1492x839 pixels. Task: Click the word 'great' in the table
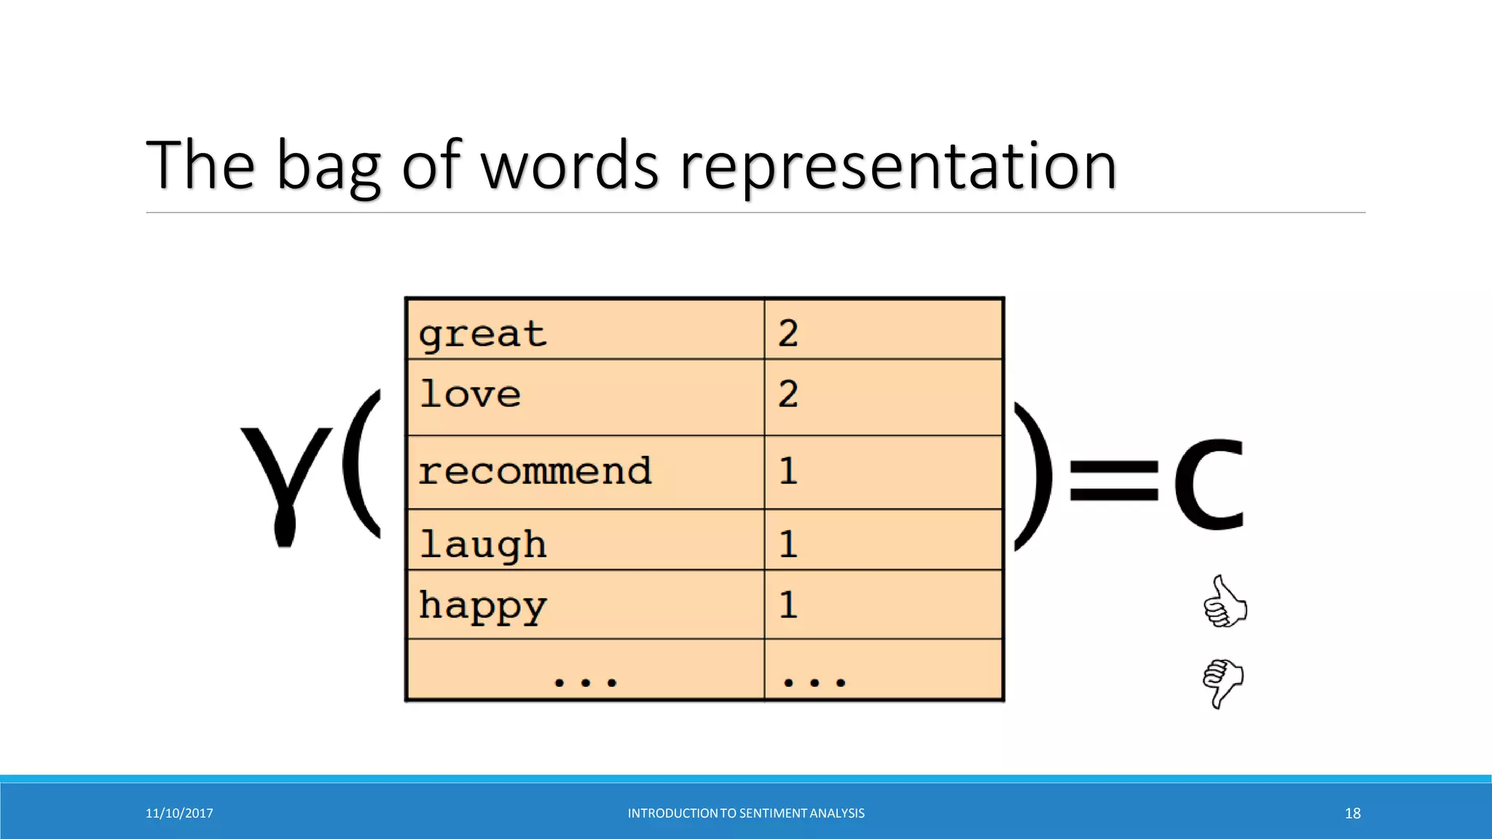coord(482,334)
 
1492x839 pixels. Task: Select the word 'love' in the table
coord(471,395)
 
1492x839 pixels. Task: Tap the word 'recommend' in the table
coord(535,471)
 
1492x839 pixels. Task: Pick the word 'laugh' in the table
coord(483,545)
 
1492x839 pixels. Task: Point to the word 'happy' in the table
coord(483,606)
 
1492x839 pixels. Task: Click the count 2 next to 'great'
coord(788,334)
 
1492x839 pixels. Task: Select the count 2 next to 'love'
coord(788,394)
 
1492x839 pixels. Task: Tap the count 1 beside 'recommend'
coord(788,470)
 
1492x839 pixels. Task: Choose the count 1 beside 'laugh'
coord(788,544)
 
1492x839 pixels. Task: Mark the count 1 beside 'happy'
coord(788,604)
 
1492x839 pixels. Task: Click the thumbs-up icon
coord(1225,602)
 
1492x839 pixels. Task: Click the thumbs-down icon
coord(1223,682)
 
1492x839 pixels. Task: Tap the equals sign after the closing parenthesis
coord(1113,481)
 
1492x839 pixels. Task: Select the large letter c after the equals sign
coord(1209,484)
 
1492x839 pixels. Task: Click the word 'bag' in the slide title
coord(329,168)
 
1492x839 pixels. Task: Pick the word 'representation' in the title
coord(898,168)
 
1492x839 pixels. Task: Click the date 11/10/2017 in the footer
coord(179,814)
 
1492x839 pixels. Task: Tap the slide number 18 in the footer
coord(1352,814)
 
